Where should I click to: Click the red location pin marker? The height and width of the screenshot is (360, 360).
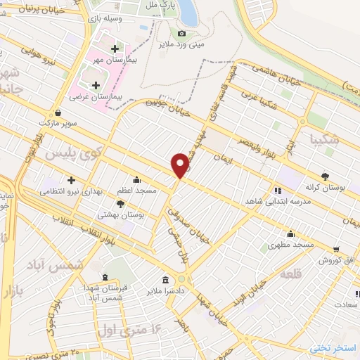click(x=181, y=165)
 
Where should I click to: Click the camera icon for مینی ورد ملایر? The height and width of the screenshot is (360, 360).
click(x=182, y=33)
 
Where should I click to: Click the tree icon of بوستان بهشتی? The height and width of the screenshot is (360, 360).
click(x=121, y=204)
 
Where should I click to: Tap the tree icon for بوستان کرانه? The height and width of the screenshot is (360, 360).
click(x=325, y=176)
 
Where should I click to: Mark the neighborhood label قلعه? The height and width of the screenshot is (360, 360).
click(x=290, y=274)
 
